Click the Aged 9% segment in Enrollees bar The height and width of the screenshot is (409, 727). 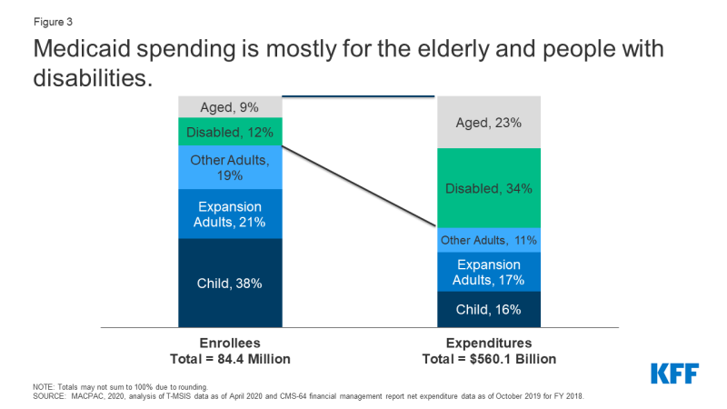230,107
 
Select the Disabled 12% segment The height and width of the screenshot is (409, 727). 230,132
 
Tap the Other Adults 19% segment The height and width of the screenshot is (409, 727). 230,167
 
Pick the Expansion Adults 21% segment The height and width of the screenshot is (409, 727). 230,214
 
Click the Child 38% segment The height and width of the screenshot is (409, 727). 230,283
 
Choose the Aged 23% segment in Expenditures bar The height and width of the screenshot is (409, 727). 489,123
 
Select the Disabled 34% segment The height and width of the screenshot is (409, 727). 489,188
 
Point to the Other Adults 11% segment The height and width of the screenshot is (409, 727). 489,240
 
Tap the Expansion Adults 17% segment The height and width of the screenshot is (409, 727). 489,272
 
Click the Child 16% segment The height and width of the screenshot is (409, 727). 489,309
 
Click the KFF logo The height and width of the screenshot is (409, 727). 674,374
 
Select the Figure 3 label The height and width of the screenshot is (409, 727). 53,22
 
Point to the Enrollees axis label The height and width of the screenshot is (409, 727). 230,344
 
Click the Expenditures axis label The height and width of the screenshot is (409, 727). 489,344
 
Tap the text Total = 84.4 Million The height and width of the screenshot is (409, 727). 230,359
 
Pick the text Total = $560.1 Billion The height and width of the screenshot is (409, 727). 489,359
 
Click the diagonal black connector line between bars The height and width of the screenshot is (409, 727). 359,186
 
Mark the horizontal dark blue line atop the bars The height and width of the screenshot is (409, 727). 358,96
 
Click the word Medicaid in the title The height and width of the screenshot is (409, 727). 82,49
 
